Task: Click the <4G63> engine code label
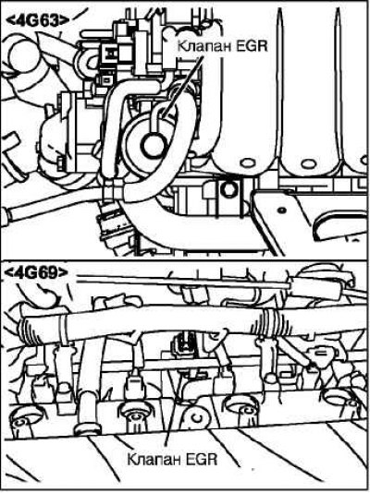pyautogui.click(x=38, y=21)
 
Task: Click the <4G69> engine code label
pyautogui.click(x=36, y=272)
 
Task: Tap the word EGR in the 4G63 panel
pyautogui.click(x=252, y=46)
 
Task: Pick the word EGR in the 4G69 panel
pyautogui.click(x=202, y=459)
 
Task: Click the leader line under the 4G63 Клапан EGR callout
pyautogui.click(x=183, y=86)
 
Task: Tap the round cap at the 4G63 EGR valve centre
pyautogui.click(x=154, y=145)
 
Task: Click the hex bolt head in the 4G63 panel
pyautogui.click(x=229, y=189)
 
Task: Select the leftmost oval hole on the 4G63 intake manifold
pyautogui.click(x=248, y=162)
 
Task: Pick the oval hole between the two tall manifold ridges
pyautogui.click(x=308, y=163)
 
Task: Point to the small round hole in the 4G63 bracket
pyautogui.click(x=282, y=210)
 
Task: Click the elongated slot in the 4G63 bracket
pyautogui.click(x=340, y=223)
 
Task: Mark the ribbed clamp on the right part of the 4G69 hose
pyautogui.click(x=273, y=321)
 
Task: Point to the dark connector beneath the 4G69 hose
pyautogui.click(x=183, y=343)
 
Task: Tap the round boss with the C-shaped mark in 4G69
pyautogui.click(x=197, y=417)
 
